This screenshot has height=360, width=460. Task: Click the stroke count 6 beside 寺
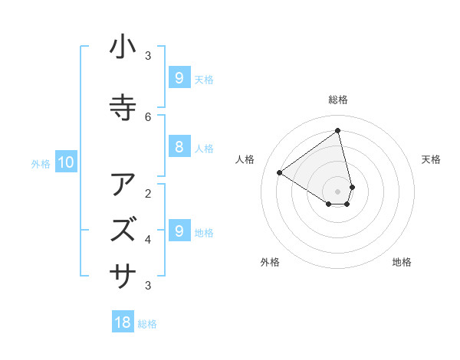(148, 116)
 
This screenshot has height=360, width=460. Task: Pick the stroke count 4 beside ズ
(148, 240)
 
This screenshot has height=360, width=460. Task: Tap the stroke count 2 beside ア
(148, 193)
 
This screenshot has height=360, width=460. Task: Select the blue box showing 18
(123, 322)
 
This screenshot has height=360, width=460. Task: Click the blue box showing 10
(65, 162)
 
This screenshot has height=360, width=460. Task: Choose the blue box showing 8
(179, 147)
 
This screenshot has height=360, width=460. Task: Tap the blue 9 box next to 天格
(179, 78)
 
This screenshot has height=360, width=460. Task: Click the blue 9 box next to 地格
(179, 231)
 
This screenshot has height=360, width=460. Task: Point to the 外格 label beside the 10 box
(41, 163)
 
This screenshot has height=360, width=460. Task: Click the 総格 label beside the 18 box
(147, 324)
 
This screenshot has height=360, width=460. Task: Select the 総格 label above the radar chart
(338, 100)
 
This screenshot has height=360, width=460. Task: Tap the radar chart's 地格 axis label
(402, 263)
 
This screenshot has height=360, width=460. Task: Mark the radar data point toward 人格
(279, 172)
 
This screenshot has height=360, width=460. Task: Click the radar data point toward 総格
(338, 130)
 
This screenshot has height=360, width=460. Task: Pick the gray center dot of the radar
(338, 191)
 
